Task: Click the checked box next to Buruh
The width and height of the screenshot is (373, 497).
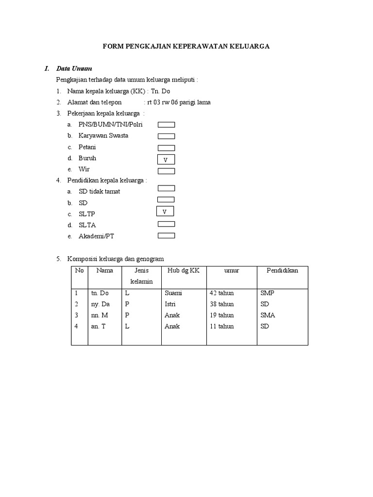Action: pos(166,160)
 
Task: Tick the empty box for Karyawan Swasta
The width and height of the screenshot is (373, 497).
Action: pos(166,136)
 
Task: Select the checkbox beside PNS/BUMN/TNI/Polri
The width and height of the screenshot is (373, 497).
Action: pos(166,125)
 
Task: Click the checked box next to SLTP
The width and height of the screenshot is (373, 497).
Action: pos(165,212)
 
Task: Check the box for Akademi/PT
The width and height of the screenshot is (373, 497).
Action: pos(166,236)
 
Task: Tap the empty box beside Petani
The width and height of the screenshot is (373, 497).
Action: pos(166,148)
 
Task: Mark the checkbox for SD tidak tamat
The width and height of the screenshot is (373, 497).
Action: pos(166,188)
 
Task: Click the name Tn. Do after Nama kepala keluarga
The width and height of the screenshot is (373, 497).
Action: pos(161,91)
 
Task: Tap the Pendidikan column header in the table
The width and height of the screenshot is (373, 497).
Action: pos(282,271)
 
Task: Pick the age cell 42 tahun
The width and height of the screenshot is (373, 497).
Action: pos(221,293)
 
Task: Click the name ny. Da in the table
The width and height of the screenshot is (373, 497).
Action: pos(100,304)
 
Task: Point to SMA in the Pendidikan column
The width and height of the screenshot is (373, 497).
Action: pos(268,315)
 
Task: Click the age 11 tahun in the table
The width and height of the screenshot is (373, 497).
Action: pos(221,327)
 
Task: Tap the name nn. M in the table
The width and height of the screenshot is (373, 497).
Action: pos(99,315)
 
